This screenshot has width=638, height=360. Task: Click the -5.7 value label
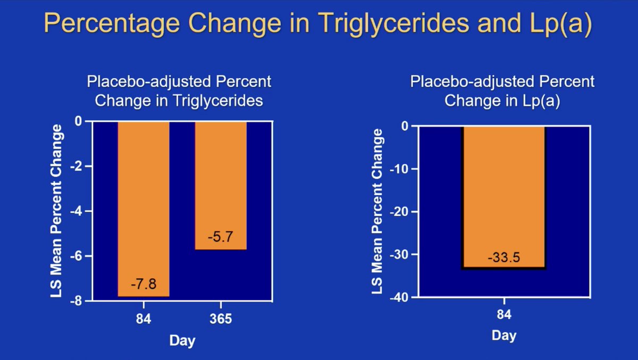pyautogui.click(x=220, y=237)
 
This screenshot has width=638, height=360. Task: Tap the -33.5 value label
pyautogui.click(x=503, y=258)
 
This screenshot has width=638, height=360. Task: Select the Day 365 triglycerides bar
pyautogui.click(x=221, y=181)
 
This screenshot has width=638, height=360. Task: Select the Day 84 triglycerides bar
pyautogui.click(x=144, y=202)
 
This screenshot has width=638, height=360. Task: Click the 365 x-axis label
pyautogui.click(x=221, y=319)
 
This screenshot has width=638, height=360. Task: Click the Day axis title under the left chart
pyautogui.click(x=182, y=340)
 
